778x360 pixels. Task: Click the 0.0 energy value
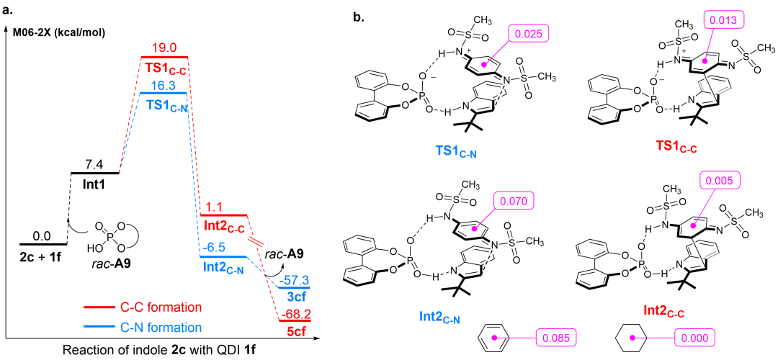click(43, 235)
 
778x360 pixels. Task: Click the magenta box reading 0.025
click(529, 33)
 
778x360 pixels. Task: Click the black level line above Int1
click(94, 173)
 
